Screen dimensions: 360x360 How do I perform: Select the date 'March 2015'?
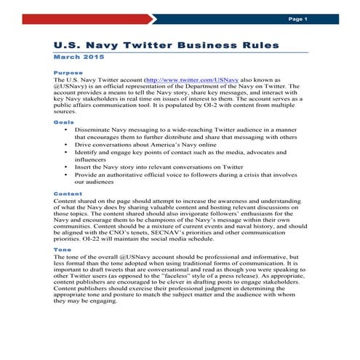(x=79, y=57)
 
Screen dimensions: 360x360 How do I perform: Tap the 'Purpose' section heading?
(x=68, y=73)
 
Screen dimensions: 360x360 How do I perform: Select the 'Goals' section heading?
(x=63, y=122)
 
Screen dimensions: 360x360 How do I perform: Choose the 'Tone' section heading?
(x=62, y=249)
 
